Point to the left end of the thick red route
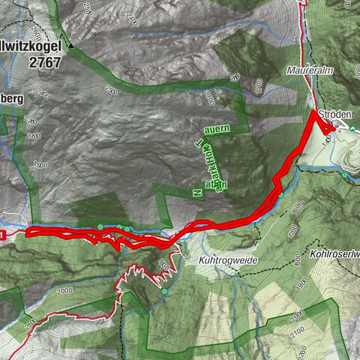click(x=28, y=232)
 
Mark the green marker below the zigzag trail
click(x=163, y=292)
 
